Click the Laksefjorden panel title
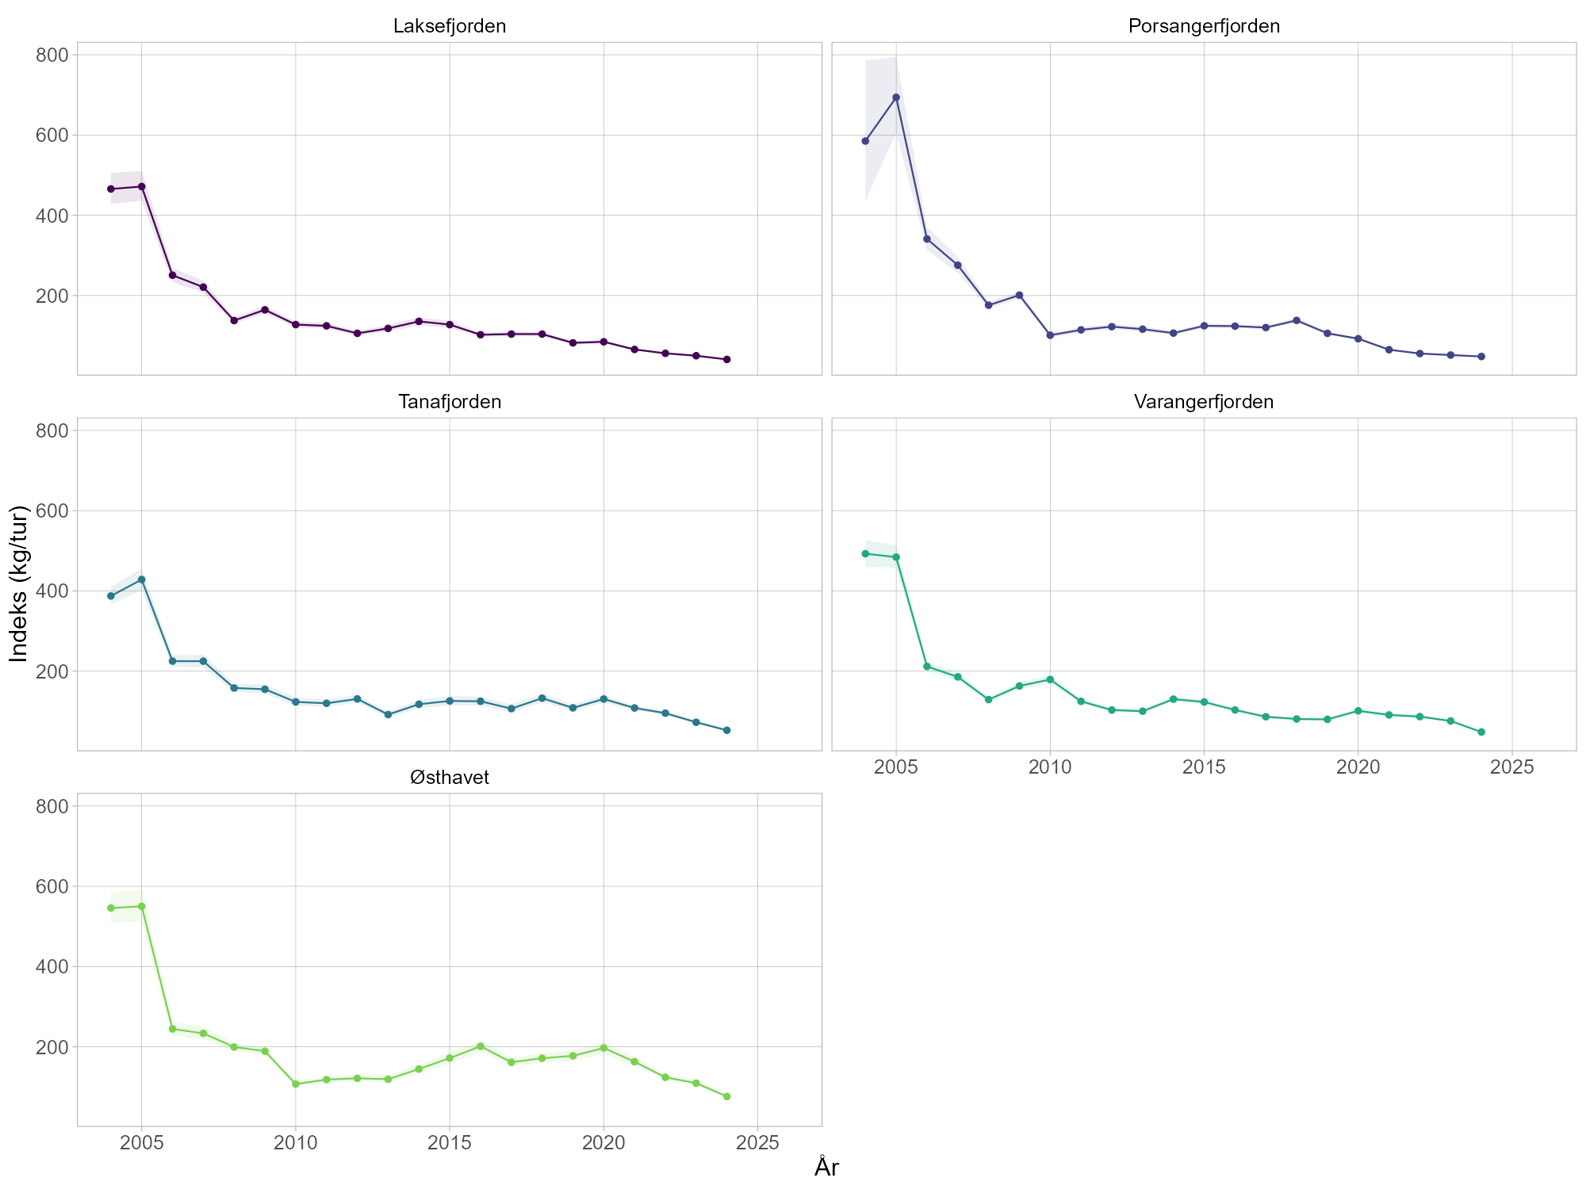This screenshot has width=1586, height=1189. (450, 26)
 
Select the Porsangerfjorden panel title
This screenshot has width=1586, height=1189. (1204, 26)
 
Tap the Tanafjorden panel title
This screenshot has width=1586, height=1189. (450, 402)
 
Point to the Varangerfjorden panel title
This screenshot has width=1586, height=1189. (1204, 402)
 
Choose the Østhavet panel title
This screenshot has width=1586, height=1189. (450, 778)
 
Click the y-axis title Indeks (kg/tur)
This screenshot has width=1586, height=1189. (19, 583)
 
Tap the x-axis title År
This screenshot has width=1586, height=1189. (826, 1167)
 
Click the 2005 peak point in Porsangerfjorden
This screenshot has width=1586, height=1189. (896, 97)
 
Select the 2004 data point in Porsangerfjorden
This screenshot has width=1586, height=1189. (865, 141)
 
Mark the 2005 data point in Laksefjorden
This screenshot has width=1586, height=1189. (141, 186)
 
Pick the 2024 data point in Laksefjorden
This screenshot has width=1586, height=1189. (726, 359)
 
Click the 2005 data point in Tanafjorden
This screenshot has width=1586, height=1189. (141, 579)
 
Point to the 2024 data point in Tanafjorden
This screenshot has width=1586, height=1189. (726, 730)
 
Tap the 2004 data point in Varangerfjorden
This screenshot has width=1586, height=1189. (865, 553)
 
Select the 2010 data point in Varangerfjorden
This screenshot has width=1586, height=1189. (1050, 679)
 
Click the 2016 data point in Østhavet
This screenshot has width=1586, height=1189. (480, 1046)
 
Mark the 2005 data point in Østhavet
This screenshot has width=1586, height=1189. (141, 906)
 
